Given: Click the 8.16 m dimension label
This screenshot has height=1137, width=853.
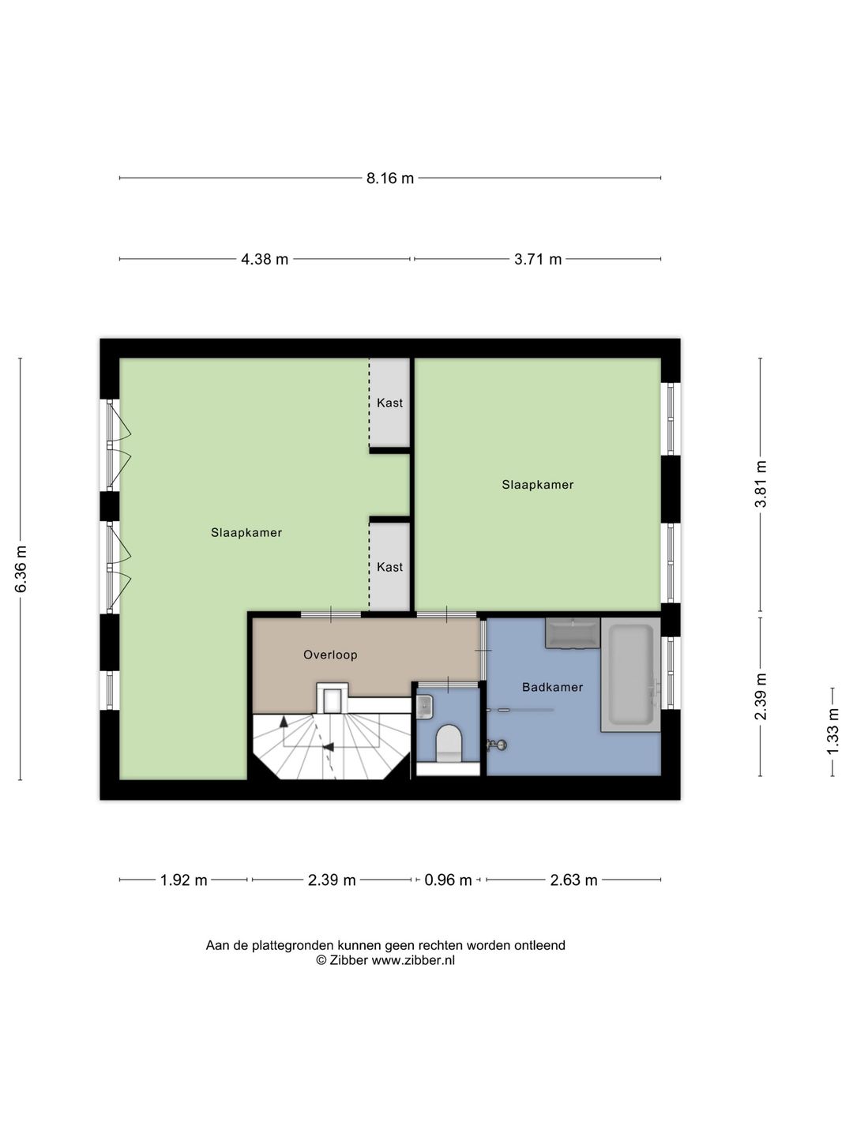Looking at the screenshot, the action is coord(390,178).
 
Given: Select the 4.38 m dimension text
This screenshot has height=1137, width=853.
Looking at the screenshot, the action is coord(265,259).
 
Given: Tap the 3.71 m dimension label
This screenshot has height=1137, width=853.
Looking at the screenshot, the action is coord(538,259).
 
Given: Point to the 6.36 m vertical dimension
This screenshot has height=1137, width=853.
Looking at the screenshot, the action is coord(21,568).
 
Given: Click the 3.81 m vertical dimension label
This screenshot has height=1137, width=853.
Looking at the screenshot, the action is coord(761,484).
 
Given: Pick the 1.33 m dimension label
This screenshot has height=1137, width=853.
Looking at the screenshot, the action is coord(832,732).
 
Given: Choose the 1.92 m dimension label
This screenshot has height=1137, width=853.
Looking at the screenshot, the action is coord(184,880).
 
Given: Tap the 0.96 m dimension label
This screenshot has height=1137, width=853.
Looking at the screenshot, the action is coord(448,880).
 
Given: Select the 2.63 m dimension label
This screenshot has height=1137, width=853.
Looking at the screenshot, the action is coord(574,880).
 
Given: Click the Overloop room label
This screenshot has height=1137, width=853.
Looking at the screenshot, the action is coord(330,655).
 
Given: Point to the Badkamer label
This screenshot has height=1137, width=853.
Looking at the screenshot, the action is coord(553,687).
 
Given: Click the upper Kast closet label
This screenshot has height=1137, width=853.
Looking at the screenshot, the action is coord(390,403).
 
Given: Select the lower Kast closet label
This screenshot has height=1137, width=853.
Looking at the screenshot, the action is coord(390,567).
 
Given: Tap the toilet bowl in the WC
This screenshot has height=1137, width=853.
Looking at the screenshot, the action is coord(449,743).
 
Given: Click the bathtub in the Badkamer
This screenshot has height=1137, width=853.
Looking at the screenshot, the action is coord(630,674).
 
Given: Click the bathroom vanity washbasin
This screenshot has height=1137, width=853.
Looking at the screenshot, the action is coord(573,632).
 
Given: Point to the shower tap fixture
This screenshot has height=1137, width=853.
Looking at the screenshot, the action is coord(497,745).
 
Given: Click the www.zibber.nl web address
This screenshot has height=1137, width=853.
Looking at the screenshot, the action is coord(413,960).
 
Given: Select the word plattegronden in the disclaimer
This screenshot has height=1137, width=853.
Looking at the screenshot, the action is coord(292,945).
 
